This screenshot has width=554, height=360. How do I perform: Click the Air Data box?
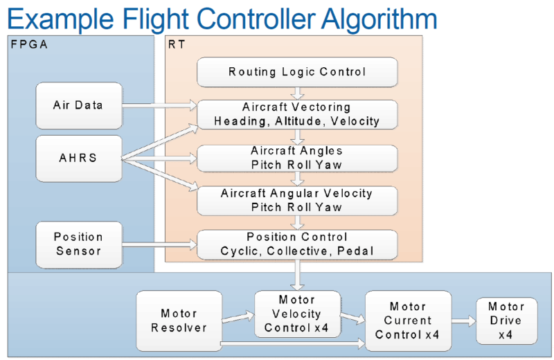[78, 105]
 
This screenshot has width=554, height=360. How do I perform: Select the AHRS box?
[78, 158]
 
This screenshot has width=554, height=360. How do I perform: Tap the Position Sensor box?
[78, 243]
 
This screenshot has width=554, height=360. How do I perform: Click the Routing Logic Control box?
[297, 72]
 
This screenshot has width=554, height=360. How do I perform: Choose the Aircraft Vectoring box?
[297, 114]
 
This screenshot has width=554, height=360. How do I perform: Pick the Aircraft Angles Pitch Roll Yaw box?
[297, 158]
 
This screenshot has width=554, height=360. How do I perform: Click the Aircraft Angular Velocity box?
[297, 200]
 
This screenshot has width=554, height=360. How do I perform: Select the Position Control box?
[297, 244]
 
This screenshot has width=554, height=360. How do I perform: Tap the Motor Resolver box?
[179, 320]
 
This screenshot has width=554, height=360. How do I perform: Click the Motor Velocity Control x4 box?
[297, 314]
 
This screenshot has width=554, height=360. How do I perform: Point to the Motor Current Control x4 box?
[408, 321]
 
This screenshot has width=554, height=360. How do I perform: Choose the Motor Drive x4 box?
[506, 321]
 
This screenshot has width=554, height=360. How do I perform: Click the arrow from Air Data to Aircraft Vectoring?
[159, 106]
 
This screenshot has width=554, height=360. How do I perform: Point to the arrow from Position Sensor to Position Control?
[159, 243]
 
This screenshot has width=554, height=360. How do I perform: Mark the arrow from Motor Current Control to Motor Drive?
[463, 321]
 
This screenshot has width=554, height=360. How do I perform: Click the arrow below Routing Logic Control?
[297, 93]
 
